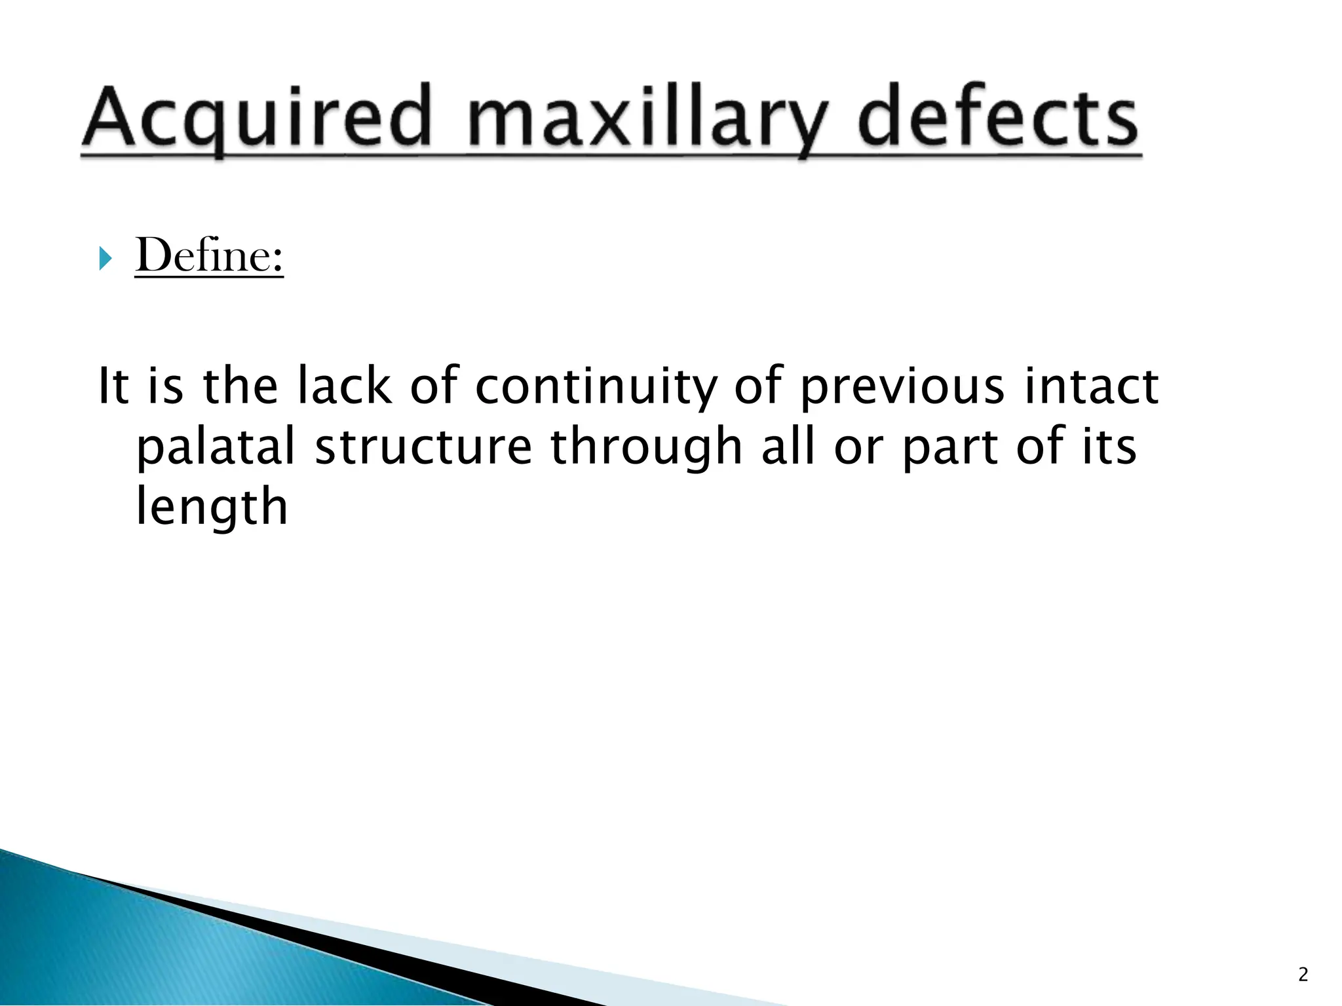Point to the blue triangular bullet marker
pos(105,259)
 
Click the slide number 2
pos(1303,975)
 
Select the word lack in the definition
pos(344,386)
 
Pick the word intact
pos(1092,386)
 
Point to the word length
pos(211,508)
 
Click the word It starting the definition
pos(113,386)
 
